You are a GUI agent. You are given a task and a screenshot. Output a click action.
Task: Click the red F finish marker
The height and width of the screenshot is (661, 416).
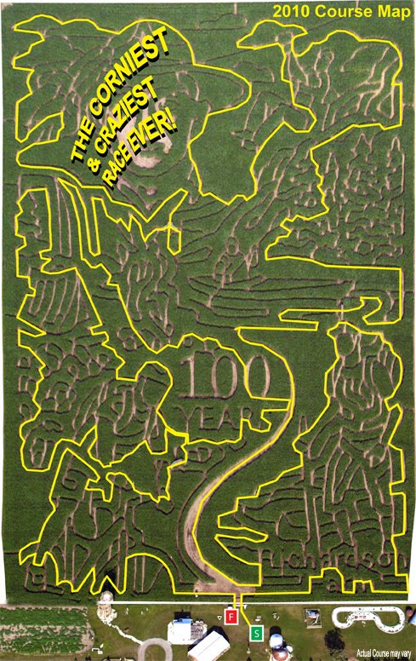[231, 615]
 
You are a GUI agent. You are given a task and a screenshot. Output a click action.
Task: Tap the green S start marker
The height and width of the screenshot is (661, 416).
[256, 633]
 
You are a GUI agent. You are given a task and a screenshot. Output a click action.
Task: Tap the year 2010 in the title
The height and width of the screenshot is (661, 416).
[289, 11]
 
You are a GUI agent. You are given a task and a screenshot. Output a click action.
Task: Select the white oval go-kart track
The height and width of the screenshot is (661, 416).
[367, 617]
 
